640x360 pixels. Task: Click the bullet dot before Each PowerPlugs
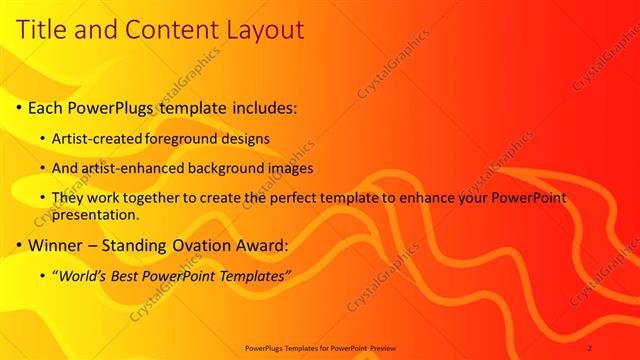pyautogui.click(x=19, y=107)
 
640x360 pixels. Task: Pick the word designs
pyautogui.click(x=247, y=138)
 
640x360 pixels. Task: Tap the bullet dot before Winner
pyautogui.click(x=19, y=245)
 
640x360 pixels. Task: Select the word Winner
pyautogui.click(x=58, y=245)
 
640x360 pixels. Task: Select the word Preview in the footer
pyautogui.click(x=381, y=347)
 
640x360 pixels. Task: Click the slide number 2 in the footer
pyautogui.click(x=589, y=347)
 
